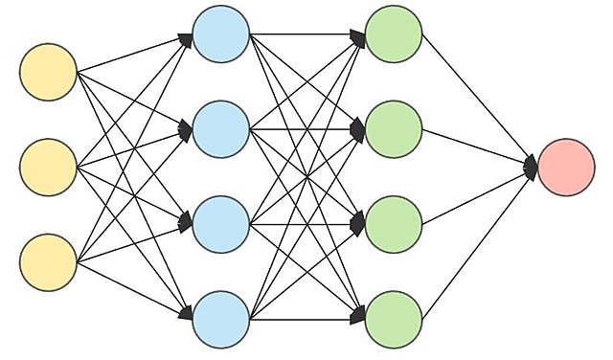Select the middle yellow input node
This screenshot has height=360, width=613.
point(48,167)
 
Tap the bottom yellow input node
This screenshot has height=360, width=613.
point(48,260)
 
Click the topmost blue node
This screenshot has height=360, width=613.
point(221,35)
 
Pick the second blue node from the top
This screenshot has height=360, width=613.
point(221,129)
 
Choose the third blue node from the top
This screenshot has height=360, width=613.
point(221,223)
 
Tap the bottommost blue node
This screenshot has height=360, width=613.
point(221,319)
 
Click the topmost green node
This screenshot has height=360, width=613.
point(394,35)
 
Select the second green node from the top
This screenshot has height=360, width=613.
point(394,129)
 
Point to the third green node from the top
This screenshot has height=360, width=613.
point(394,223)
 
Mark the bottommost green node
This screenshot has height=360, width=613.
point(394,319)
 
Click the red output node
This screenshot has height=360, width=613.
point(566,168)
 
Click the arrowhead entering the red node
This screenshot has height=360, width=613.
point(532,168)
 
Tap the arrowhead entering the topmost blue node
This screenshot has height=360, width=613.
point(186,38)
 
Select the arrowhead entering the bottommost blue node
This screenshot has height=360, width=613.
point(186,315)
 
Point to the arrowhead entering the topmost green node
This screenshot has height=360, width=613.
point(359,36)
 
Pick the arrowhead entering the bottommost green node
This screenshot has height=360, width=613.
point(359,317)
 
